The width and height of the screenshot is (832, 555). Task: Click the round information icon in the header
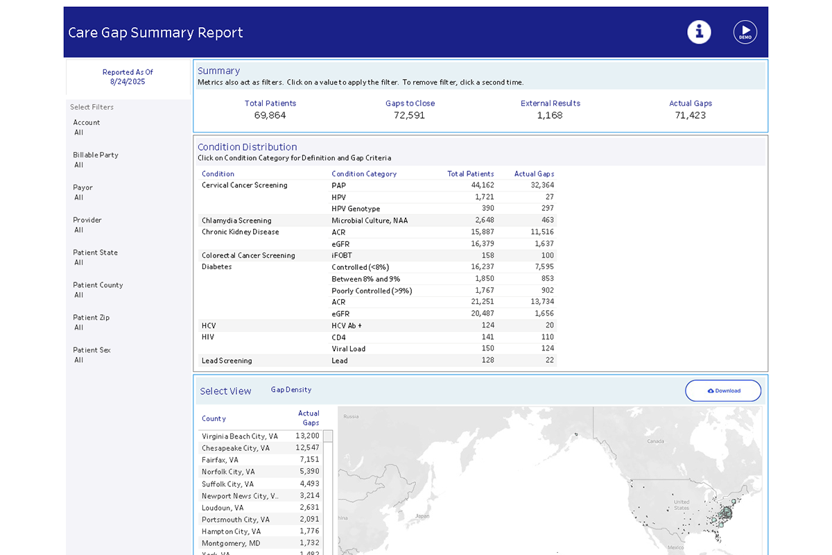[x=699, y=32]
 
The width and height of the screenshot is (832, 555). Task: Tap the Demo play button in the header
[x=745, y=32]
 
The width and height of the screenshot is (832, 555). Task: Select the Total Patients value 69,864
[x=270, y=115]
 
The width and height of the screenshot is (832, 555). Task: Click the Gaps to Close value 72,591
[x=410, y=115]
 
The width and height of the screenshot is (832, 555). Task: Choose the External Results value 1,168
[x=550, y=115]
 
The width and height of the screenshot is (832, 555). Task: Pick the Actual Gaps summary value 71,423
[x=690, y=115]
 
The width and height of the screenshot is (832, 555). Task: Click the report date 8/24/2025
[x=128, y=82]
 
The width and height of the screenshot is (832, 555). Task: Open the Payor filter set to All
[x=79, y=198]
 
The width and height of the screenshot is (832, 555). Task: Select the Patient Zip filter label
[x=92, y=318]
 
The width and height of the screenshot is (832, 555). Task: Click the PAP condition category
[x=338, y=185]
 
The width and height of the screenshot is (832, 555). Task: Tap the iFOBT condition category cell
[x=342, y=255]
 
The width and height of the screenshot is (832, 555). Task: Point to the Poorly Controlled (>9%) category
[x=372, y=291]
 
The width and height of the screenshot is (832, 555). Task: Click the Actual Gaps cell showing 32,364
[x=537, y=185]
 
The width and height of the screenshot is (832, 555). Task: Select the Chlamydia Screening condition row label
[x=236, y=221]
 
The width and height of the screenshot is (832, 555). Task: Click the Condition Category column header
[x=364, y=174]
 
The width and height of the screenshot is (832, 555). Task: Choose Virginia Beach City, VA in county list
[x=240, y=436]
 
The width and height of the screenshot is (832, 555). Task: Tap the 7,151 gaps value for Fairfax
[x=309, y=460]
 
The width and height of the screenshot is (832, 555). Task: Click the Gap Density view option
[x=291, y=390]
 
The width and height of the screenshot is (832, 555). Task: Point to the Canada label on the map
[x=655, y=441]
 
